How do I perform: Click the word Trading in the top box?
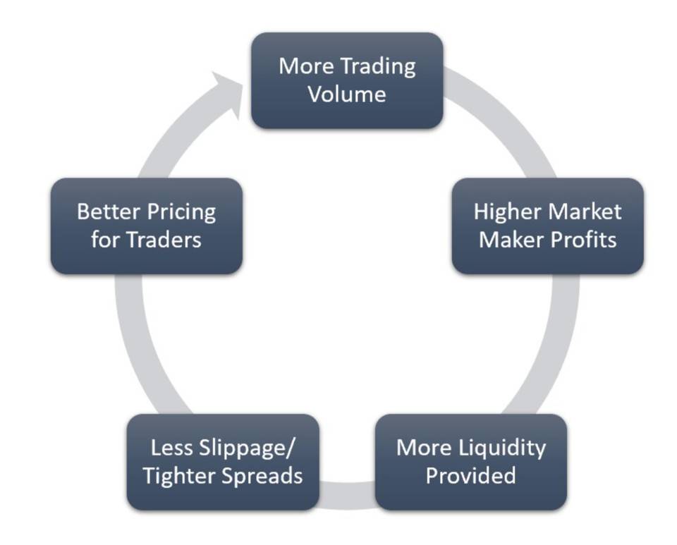pos(378,68)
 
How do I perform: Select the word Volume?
pos(347,94)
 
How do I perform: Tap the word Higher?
pos(507,213)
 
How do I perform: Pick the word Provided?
pos(470,475)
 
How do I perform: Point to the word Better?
pos(109,212)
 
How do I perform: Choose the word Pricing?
pos(181,213)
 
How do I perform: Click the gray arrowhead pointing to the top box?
pos(227,93)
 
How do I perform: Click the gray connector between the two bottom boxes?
pos(347,495)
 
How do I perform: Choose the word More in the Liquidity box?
pos(424,448)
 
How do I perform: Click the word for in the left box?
pos(106,240)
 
